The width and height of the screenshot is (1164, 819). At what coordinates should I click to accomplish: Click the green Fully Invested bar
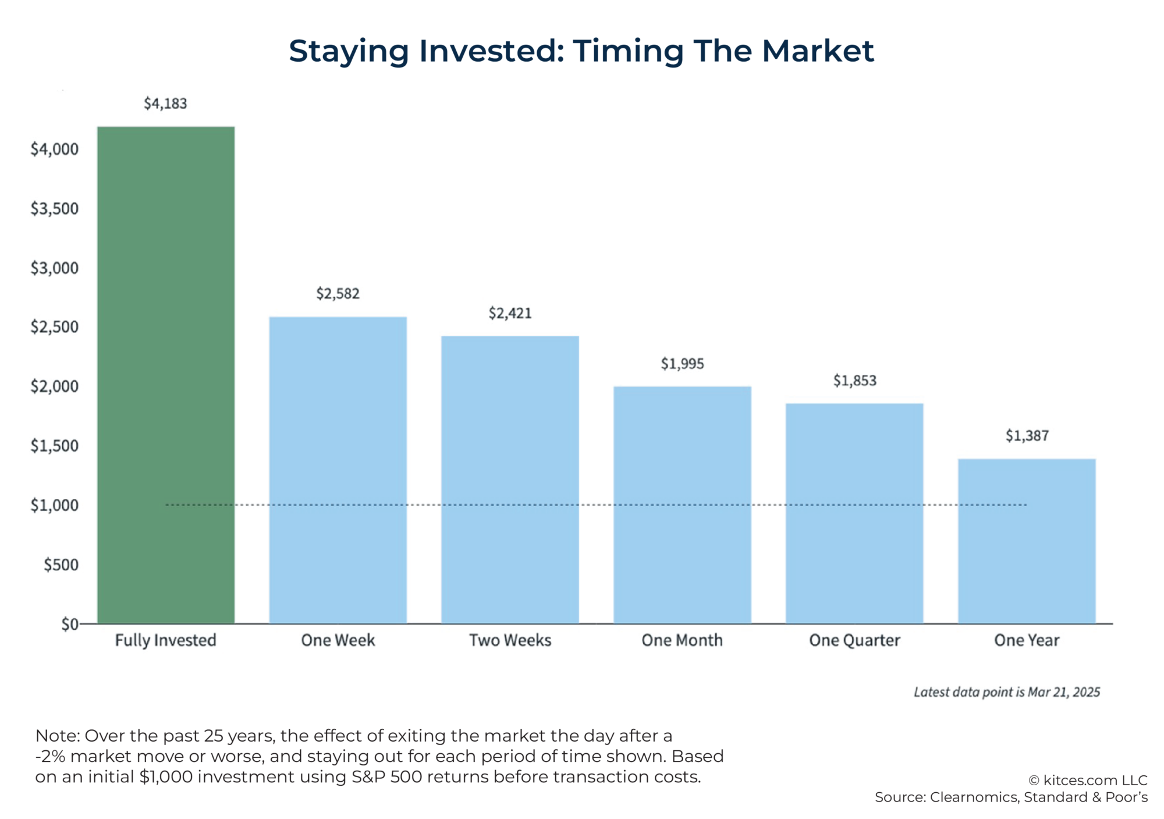coord(166,375)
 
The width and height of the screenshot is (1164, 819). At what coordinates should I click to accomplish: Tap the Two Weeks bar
coord(510,480)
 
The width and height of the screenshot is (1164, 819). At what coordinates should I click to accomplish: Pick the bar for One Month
coord(682,505)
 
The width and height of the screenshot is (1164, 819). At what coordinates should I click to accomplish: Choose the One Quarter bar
coord(854,513)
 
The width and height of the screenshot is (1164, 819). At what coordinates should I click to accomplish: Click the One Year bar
coord(1027,541)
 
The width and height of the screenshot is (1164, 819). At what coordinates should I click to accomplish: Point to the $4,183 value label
coord(166,104)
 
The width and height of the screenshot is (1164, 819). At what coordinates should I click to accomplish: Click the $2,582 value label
coord(338,293)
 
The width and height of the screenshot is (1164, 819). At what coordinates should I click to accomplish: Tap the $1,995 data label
coord(682,364)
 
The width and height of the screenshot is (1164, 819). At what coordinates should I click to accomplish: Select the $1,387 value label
coord(1027,436)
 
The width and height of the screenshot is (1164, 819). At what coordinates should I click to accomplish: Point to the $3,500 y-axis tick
coord(54,208)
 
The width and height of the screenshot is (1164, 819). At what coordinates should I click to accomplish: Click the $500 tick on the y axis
coord(61,565)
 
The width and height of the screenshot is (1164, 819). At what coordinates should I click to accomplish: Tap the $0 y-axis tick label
coord(69,625)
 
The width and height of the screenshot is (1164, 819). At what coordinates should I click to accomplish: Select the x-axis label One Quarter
coord(854,640)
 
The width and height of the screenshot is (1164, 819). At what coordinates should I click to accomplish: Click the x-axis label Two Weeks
coord(510,640)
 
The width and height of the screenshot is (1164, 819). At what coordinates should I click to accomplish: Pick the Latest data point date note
coord(1006,692)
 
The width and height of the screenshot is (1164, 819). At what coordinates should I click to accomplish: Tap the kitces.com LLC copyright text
coord(1087,781)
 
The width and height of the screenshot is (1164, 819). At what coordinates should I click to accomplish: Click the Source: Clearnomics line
coord(1011,797)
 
